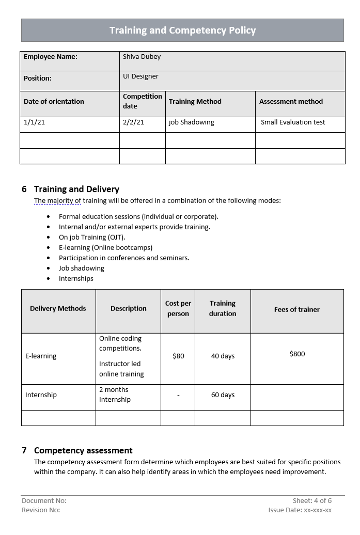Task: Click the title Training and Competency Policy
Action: tap(182, 30)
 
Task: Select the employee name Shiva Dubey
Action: tap(142, 57)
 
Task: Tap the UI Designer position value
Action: tap(140, 76)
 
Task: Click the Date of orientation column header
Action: tap(54, 102)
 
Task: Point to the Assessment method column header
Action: tap(291, 102)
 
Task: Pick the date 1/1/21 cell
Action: tap(34, 122)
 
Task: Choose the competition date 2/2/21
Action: tap(133, 122)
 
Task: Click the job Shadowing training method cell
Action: tap(191, 122)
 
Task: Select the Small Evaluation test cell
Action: tap(293, 122)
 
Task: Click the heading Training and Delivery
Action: tap(76, 189)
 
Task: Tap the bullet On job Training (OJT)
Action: tap(92, 237)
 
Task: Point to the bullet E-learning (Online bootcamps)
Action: tap(105, 247)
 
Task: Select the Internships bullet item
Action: tap(76, 278)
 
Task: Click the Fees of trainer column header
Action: tap(296, 309)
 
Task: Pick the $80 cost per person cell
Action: tap(178, 356)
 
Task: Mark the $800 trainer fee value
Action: tap(297, 354)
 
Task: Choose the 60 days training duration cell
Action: tap(223, 395)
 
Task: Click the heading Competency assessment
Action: tap(83, 450)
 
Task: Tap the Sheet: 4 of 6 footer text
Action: tap(312, 500)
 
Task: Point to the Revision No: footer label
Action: tap(41, 510)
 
